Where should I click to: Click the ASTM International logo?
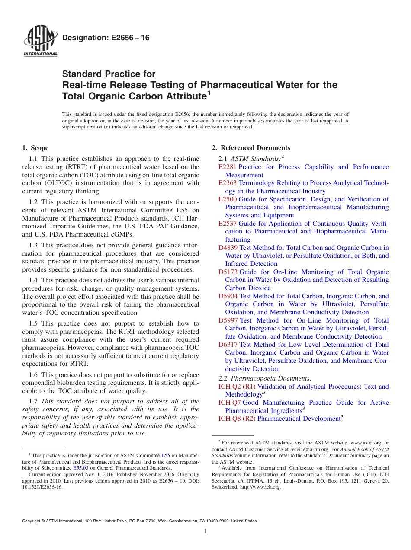point(40,42)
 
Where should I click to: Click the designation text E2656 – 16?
point(106,38)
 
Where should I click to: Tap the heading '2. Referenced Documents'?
point(251,148)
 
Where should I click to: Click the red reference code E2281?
point(228,167)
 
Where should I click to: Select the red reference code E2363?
point(228,183)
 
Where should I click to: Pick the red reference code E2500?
point(228,199)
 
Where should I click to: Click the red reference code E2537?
point(228,224)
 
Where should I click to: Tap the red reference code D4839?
point(228,248)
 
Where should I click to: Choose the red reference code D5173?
point(228,272)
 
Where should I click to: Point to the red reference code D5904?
point(228,296)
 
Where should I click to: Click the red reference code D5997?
point(228,320)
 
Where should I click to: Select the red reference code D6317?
point(228,345)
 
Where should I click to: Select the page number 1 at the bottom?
point(205,531)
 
